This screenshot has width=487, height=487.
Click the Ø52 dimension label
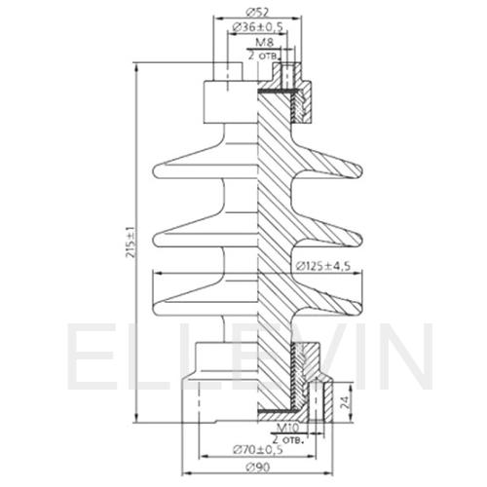pos(257,12)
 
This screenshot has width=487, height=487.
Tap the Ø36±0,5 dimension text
pos(258,27)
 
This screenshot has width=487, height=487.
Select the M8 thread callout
pos(265,42)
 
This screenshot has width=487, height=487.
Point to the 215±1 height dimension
pos(131,243)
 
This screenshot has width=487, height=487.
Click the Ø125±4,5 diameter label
pos(323,266)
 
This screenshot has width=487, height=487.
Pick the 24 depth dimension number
pos(346,402)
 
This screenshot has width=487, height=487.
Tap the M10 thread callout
pos(287,428)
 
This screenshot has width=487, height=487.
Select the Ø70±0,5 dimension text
pos(258,450)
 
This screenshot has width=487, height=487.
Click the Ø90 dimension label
pos(258,468)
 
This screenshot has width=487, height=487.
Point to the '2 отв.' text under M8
pos(264,56)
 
